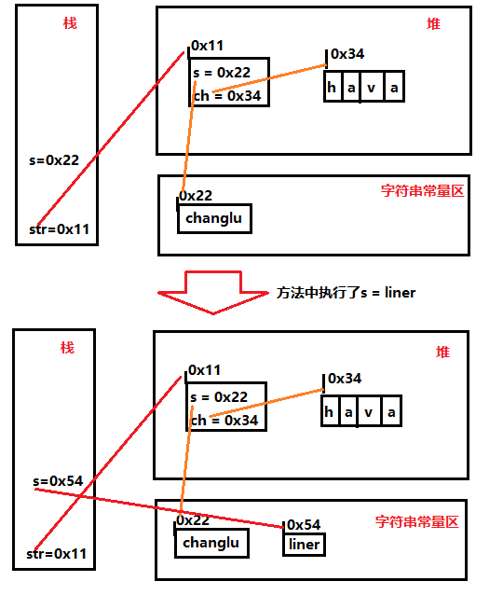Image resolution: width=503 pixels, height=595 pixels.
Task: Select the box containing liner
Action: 304,545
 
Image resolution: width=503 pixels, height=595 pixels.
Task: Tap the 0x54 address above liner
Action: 305,525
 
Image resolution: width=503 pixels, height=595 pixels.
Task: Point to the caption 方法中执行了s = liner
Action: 347,292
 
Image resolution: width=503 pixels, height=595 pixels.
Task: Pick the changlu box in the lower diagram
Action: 211,543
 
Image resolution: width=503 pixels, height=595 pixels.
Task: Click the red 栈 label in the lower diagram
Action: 67,347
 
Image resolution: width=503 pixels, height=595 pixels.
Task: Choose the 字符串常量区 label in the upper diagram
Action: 422,190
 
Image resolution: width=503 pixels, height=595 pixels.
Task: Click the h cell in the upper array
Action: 333,89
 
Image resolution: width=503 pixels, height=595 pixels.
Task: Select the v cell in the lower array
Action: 371,412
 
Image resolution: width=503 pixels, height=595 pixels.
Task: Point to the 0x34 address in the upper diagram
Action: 347,54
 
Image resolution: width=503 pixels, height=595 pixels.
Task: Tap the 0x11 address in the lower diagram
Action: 206,370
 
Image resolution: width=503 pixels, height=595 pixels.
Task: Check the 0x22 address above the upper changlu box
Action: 196,196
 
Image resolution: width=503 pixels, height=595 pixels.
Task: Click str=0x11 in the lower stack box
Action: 58,553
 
